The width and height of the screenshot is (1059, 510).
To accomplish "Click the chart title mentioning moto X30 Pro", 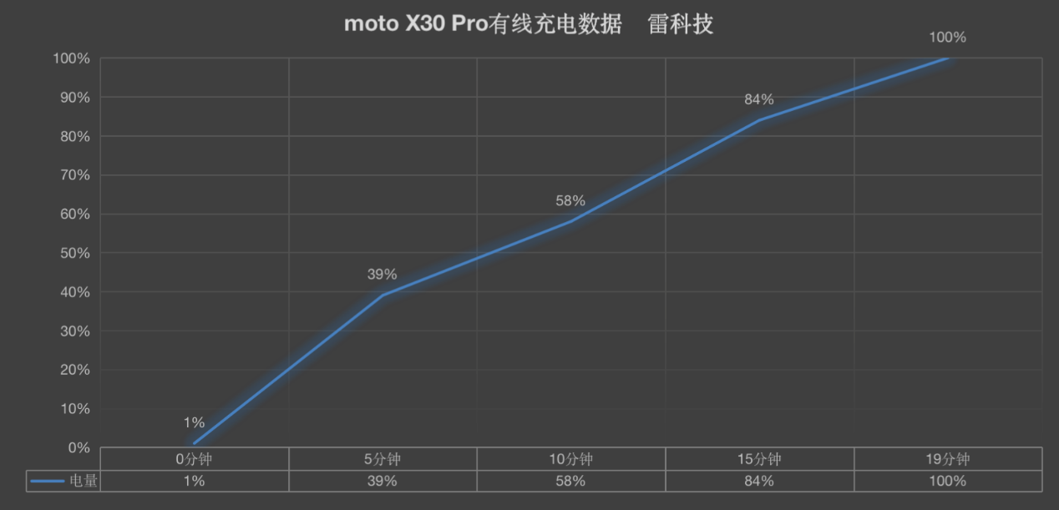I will [528, 23].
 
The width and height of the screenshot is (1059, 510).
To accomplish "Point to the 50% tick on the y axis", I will [73, 253].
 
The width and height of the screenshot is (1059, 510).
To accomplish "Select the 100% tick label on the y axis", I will [70, 58].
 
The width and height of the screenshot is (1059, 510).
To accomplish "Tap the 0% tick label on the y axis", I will [79, 448].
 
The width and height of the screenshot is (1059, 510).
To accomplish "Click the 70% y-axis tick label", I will [73, 175].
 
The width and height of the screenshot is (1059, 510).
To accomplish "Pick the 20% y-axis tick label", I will [73, 370].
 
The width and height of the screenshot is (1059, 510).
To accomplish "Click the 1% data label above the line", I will [194, 423].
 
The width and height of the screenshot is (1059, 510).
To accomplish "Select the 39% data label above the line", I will [382, 275].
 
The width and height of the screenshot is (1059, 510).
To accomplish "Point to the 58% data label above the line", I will [570, 201].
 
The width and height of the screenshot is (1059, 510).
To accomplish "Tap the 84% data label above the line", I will [759, 99].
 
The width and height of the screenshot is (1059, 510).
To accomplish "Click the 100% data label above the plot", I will [947, 38].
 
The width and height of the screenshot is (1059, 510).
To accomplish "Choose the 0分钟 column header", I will [194, 459].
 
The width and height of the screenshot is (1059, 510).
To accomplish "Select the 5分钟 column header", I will [383, 459].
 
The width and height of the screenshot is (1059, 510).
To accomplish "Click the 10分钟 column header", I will [571, 459].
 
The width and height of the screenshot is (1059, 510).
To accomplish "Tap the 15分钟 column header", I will [759, 459].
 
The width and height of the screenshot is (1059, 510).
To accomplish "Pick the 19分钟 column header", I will [948, 459].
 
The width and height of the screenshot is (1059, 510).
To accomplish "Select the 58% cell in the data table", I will [571, 481].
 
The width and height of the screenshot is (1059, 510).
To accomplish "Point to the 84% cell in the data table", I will [759, 481].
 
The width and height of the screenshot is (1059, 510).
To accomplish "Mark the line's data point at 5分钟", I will [383, 295].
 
